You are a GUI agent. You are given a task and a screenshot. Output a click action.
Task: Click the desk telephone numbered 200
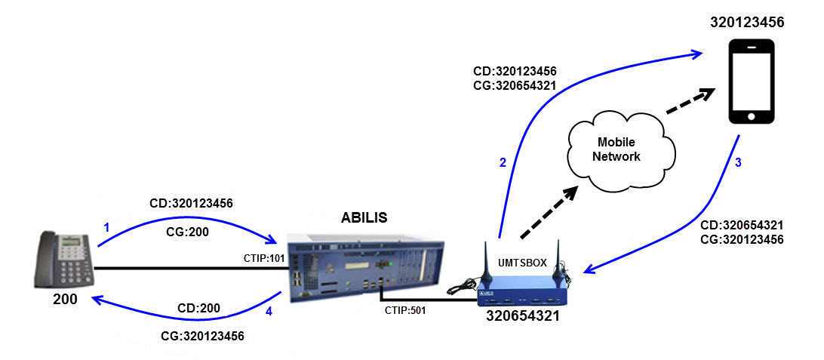click(63, 261)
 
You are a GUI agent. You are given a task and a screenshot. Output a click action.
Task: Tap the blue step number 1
click(106, 226)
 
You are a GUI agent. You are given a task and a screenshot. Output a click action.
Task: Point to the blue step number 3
click(738, 162)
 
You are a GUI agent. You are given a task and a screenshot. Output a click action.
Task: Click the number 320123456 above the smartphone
click(747, 23)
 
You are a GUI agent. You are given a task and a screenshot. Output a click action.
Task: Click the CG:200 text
click(188, 232)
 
